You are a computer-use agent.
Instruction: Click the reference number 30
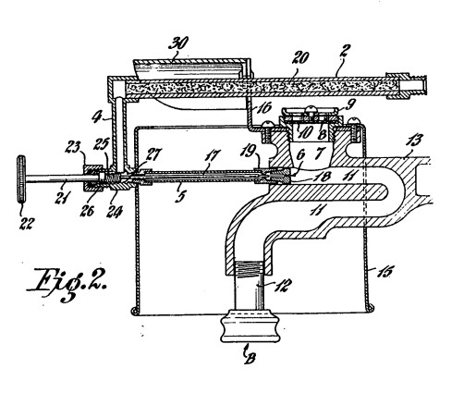[x=178, y=43]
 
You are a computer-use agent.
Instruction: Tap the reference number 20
[x=299, y=57]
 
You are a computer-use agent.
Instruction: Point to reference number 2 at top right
[x=343, y=50]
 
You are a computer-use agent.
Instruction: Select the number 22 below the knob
[x=26, y=223]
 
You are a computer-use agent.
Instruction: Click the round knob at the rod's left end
[x=21, y=179]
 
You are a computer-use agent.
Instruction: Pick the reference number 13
[x=414, y=141]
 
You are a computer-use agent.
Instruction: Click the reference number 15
[x=385, y=272]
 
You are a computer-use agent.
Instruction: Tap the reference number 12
[x=280, y=285]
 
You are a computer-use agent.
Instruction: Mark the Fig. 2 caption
[x=67, y=283]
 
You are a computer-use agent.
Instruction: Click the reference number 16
[x=264, y=108]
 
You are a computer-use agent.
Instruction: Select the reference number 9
[x=348, y=104]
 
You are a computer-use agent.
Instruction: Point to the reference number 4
[x=97, y=117]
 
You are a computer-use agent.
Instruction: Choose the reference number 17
[x=214, y=154]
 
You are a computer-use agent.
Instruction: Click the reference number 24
[x=116, y=212]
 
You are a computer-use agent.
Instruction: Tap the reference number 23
[x=73, y=147]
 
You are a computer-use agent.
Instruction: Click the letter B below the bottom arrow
[x=251, y=358]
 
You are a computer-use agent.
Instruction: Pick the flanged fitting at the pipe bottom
[x=250, y=326]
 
